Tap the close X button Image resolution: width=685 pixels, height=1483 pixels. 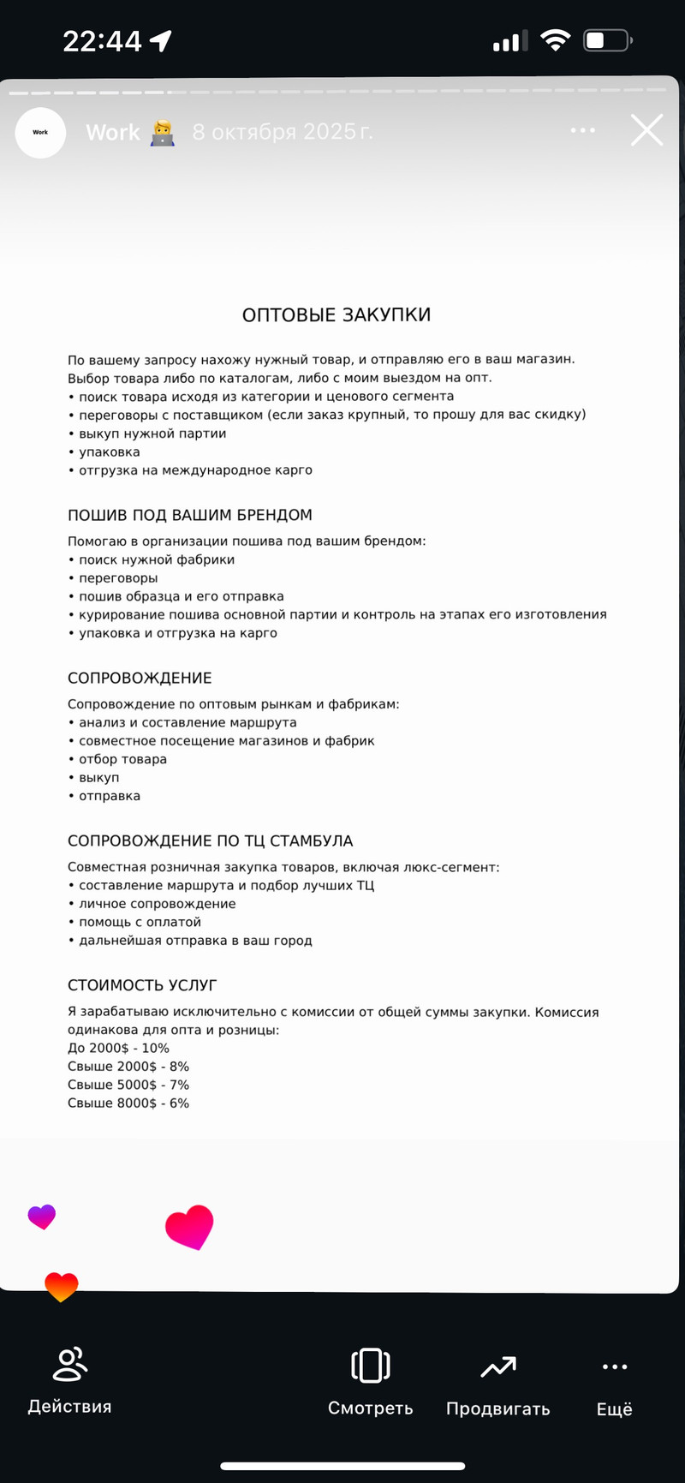pyautogui.click(x=646, y=130)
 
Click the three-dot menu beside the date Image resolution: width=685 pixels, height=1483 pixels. pyautogui.click(x=582, y=130)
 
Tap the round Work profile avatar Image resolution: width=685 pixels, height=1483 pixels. pyautogui.click(x=40, y=132)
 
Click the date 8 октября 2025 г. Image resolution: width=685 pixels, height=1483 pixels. pyautogui.click(x=283, y=132)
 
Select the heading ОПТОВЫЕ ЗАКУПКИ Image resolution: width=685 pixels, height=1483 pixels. pyautogui.click(x=337, y=315)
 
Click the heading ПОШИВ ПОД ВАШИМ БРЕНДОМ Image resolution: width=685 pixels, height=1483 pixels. pyautogui.click(x=190, y=515)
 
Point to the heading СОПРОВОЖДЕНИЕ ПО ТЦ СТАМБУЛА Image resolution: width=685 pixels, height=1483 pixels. pyautogui.click(x=211, y=841)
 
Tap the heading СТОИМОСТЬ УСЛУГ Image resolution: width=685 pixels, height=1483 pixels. pyautogui.click(x=142, y=985)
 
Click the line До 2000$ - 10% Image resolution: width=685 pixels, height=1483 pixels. pyautogui.click(x=119, y=1048)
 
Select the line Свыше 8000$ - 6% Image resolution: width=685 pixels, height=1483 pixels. pyautogui.click(x=128, y=1103)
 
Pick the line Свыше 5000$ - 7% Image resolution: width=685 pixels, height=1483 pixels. pyautogui.click(x=128, y=1085)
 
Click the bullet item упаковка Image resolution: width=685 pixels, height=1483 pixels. pyautogui.click(x=109, y=452)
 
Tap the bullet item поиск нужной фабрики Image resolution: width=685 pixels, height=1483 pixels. pyautogui.click(x=157, y=559)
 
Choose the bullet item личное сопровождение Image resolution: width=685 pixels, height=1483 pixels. pyautogui.click(x=157, y=904)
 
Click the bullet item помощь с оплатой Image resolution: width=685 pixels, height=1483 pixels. pyautogui.click(x=140, y=922)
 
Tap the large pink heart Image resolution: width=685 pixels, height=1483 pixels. pyautogui.click(x=189, y=1227)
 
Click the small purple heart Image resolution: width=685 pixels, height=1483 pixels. pyautogui.click(x=41, y=1217)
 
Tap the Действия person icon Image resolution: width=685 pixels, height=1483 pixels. pyautogui.click(x=69, y=1366)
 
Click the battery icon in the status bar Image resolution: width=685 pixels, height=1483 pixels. pyautogui.click(x=607, y=40)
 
